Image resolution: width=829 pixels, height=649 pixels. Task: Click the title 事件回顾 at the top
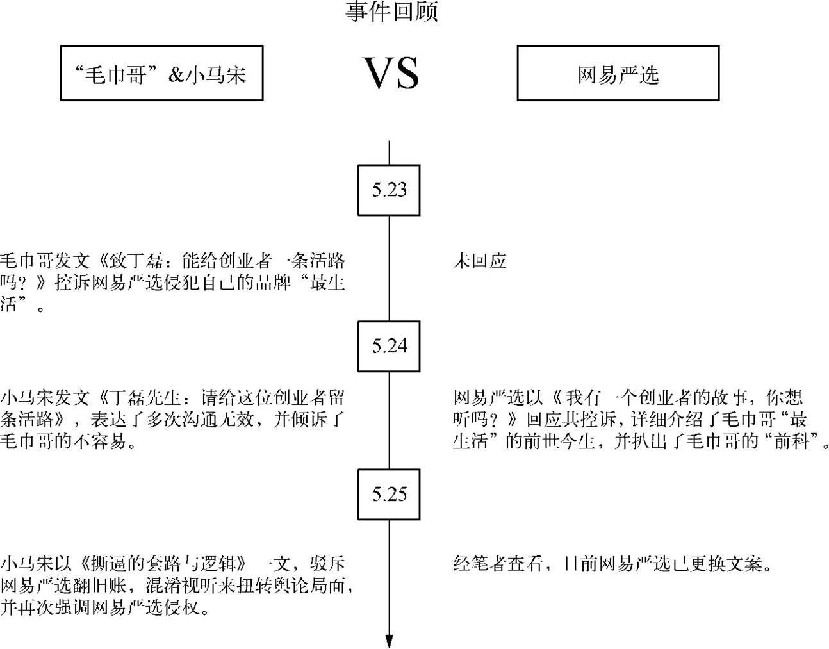point(391,12)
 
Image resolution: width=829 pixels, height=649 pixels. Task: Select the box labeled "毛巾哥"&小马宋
point(161,74)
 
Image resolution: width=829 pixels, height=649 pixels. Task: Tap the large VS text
point(391,72)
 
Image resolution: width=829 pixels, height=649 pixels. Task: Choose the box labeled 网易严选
point(618,74)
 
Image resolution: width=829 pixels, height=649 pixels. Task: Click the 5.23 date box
point(389,190)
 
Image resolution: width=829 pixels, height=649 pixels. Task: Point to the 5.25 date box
point(389,495)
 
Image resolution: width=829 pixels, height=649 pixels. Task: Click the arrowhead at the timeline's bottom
point(389,641)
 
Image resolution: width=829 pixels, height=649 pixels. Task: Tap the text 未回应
point(480,261)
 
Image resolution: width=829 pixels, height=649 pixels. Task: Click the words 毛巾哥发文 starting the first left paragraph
point(45,261)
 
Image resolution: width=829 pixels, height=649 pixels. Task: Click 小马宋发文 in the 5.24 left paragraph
point(45,398)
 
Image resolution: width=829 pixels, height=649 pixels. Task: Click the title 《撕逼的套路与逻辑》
point(164,564)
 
